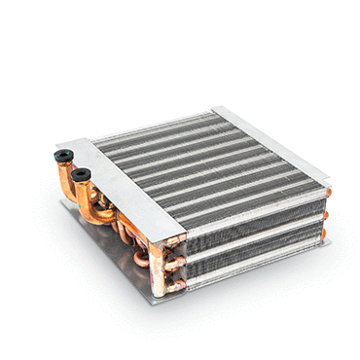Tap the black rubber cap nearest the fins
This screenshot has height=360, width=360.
pos(82,175)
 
